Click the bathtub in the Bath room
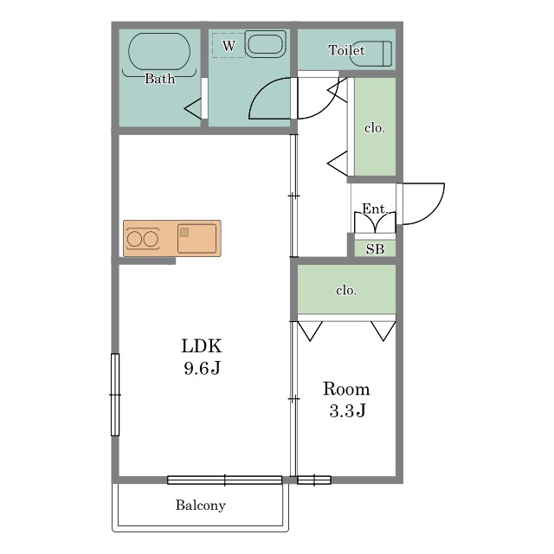click(x=159, y=52)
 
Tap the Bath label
click(x=159, y=79)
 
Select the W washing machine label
click(x=229, y=46)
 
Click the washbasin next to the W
click(x=266, y=44)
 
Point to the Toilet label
click(x=346, y=50)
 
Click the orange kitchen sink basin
click(x=196, y=238)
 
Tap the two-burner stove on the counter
click(x=142, y=239)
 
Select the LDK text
click(x=202, y=346)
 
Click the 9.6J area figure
click(x=202, y=368)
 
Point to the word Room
click(x=346, y=389)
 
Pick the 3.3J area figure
click(x=347, y=410)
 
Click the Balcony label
click(x=200, y=506)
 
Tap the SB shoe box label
click(x=375, y=249)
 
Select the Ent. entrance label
click(x=375, y=209)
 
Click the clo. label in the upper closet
click(x=375, y=127)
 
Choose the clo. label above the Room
click(x=346, y=290)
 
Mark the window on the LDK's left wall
click(x=115, y=395)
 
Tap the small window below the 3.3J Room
click(x=314, y=480)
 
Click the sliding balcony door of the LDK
click(x=225, y=480)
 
